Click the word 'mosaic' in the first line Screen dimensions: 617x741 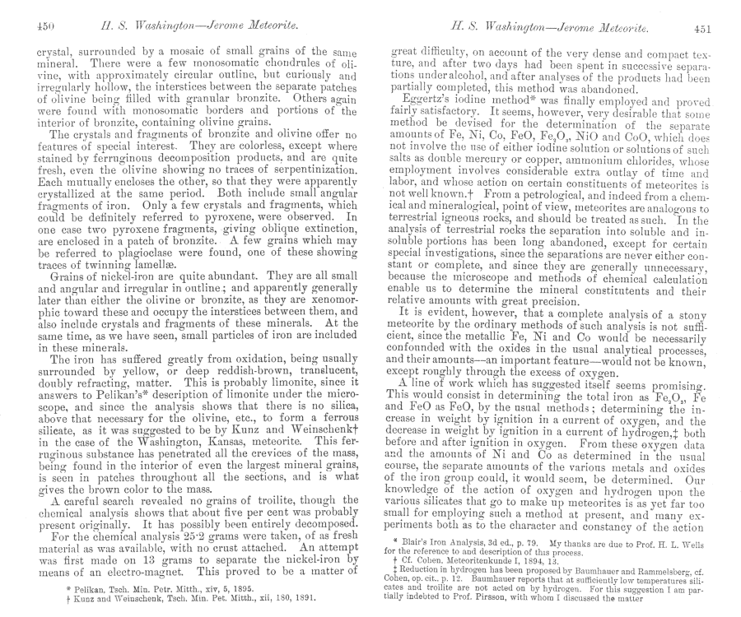(x=187, y=50)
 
